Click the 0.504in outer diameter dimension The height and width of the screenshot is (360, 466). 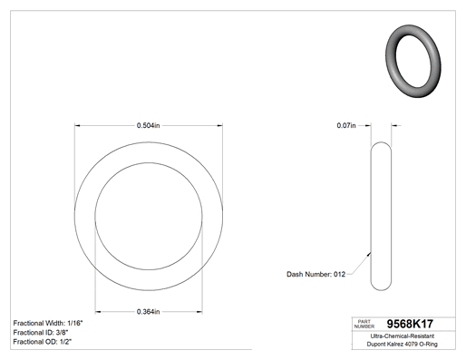click(x=148, y=125)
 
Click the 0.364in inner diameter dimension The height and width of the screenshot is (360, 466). click(x=148, y=312)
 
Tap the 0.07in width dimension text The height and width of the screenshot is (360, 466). click(x=346, y=125)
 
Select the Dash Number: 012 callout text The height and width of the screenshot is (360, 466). click(x=316, y=274)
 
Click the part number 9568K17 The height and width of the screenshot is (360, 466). click(x=410, y=324)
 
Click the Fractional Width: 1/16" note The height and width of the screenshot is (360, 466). click(x=48, y=323)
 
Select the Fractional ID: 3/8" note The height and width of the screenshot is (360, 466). click(x=41, y=333)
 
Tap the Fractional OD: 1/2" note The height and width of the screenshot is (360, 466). click(x=43, y=342)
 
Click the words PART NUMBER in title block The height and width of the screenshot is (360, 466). click(x=364, y=324)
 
